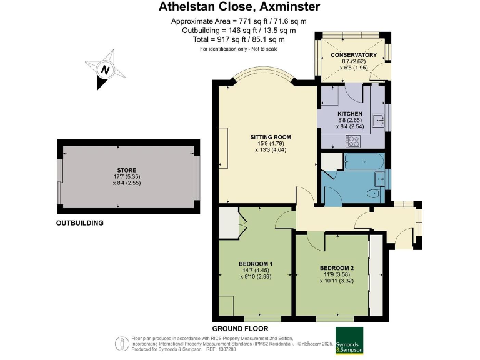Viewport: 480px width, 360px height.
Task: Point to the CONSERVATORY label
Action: pyautogui.click(x=354, y=55)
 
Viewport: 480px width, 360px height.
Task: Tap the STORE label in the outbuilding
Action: pyautogui.click(x=126, y=169)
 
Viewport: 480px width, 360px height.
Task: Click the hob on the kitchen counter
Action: pyautogui.click(x=354, y=141)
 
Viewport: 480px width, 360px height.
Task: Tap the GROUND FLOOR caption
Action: pyautogui.click(x=240, y=329)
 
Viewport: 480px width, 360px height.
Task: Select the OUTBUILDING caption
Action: pyautogui.click(x=80, y=223)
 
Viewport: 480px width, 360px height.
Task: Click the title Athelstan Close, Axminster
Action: pyautogui.click(x=240, y=7)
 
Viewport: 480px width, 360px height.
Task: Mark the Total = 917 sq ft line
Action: pyautogui.click(x=240, y=39)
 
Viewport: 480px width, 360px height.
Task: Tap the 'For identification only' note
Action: pyautogui.click(x=239, y=49)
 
